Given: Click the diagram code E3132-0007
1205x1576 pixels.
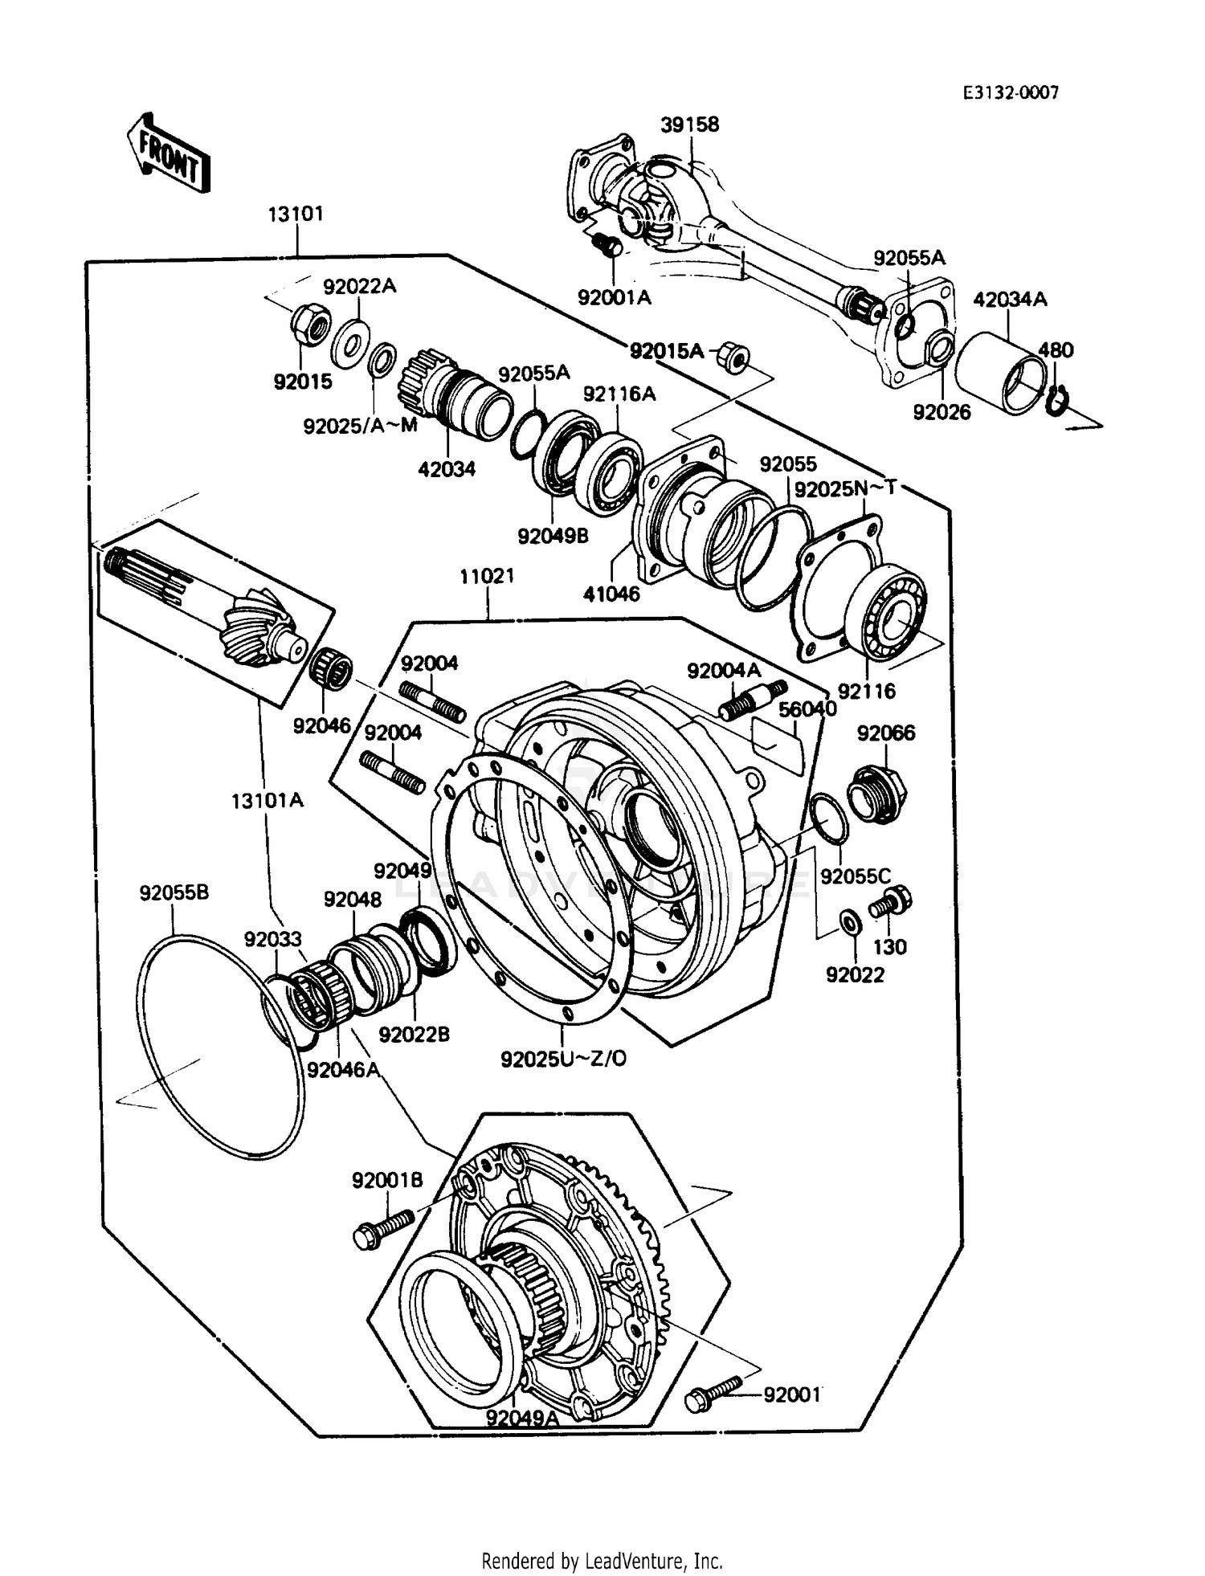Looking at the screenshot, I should (1011, 92).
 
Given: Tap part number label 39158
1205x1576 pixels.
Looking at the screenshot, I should (689, 125).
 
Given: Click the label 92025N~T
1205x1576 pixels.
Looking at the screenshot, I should (844, 488).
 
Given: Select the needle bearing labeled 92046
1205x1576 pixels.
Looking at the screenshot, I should (332, 668).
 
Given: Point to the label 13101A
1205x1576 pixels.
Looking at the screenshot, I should (267, 801).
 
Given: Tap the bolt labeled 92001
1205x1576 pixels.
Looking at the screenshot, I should (713, 1394).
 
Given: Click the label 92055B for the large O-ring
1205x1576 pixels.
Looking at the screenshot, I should (174, 892).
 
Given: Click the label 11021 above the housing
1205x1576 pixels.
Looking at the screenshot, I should (487, 577).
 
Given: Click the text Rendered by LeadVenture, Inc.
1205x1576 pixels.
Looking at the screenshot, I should (602, 1561).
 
